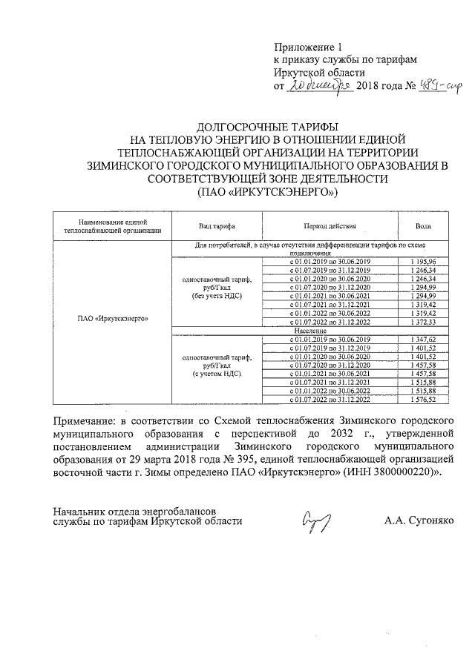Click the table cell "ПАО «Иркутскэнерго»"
(113, 320)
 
